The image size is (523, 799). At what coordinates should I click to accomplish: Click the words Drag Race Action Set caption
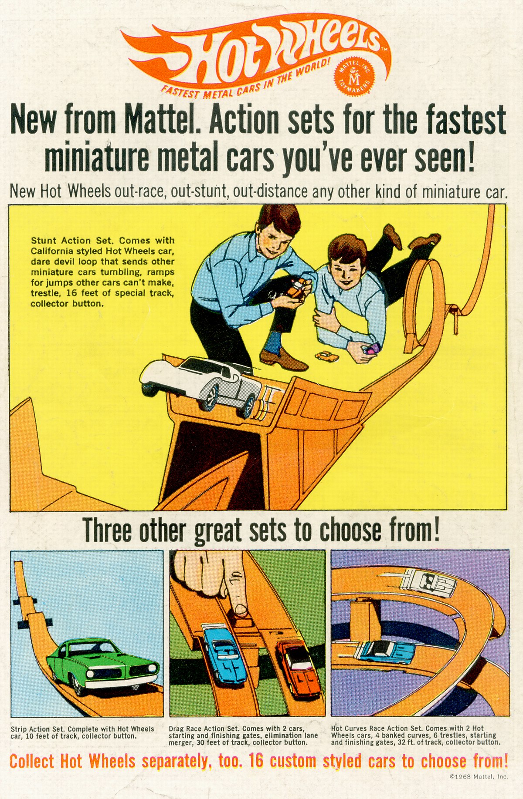point(204,728)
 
